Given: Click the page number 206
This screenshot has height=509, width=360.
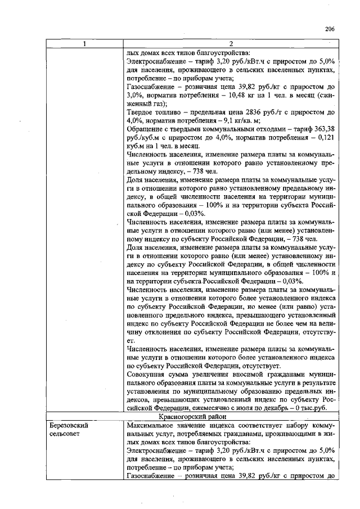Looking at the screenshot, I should point(330,29).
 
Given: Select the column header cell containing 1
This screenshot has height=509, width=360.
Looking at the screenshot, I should point(84,45).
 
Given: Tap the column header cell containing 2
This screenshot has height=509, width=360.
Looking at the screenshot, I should point(231,45).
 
